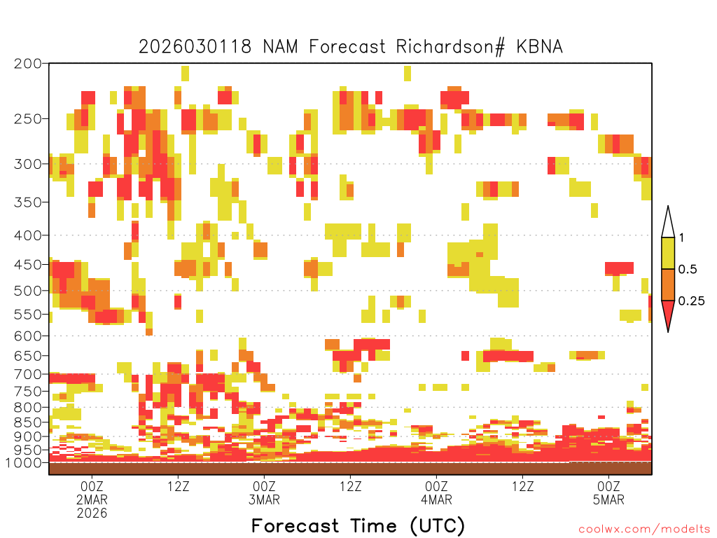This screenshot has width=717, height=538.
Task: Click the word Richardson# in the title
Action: [x=450, y=47]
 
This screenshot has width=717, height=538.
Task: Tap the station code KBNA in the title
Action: [x=539, y=47]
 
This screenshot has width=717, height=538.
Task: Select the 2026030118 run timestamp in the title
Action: [x=195, y=47]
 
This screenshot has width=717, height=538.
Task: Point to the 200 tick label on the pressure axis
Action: [x=27, y=64]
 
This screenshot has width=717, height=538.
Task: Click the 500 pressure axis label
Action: [x=27, y=291]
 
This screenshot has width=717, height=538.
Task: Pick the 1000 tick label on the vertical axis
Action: [x=23, y=462]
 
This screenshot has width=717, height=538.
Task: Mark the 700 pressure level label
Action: [x=27, y=374]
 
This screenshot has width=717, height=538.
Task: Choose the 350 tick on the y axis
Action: [x=27, y=202]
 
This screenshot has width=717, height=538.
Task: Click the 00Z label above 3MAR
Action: [x=264, y=486]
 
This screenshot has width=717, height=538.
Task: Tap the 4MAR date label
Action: [x=437, y=499]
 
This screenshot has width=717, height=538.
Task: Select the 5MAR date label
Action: [x=608, y=499]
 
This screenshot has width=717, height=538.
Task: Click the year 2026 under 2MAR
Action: [x=92, y=513]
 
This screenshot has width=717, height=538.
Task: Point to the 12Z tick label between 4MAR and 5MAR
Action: [x=522, y=486]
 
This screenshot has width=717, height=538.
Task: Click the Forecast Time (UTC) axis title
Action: [x=358, y=526]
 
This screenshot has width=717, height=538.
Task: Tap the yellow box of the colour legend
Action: [x=668, y=253]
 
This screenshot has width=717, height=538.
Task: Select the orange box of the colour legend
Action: [x=668, y=284]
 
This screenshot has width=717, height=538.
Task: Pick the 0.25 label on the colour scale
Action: [x=691, y=301]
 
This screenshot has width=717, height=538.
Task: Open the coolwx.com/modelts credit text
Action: [x=644, y=530]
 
